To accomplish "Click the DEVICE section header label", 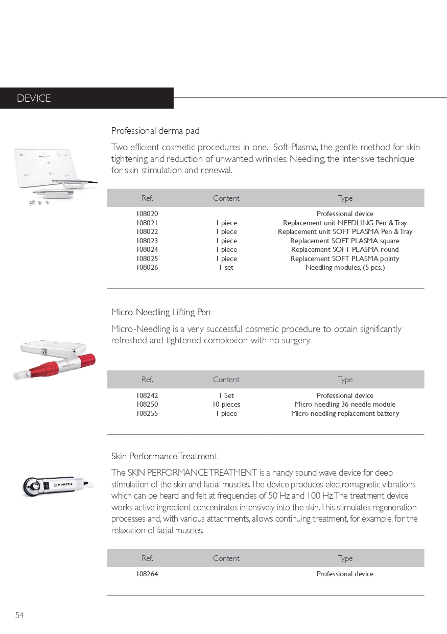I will tap(34, 99).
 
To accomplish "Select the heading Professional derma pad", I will tap(155, 131).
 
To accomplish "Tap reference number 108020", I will tap(147, 214).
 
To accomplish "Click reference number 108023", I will tap(147, 241).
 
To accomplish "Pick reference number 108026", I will tap(147, 267).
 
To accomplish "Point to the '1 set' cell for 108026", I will tap(226, 267).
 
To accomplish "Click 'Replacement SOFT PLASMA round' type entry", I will tap(345, 249).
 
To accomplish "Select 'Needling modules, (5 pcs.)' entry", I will tap(345, 267).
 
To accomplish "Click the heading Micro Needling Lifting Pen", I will tap(161, 312).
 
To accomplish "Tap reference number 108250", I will tap(147, 404).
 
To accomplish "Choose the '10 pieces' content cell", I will tap(226, 404).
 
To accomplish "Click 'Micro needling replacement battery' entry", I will tap(345, 413).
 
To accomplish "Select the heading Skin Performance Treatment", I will tap(164, 456).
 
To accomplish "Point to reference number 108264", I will tap(147, 574).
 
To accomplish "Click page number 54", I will tap(19, 615).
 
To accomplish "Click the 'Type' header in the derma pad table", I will tap(345, 198).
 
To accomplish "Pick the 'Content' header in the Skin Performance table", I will tap(226, 558).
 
